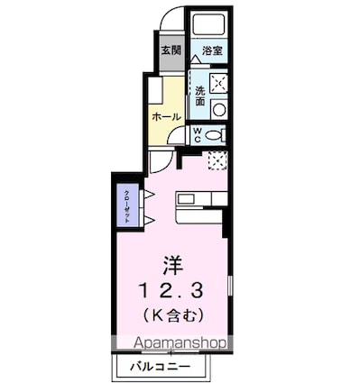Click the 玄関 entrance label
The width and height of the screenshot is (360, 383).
[171, 50]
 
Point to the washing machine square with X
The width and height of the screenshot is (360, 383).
[218, 84]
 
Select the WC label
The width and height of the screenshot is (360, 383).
[198, 136]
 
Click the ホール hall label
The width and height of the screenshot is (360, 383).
[166, 116]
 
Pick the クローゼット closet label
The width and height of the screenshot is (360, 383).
[127, 208]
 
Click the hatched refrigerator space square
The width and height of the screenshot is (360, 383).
[216, 161]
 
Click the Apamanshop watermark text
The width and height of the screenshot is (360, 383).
[180, 342]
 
